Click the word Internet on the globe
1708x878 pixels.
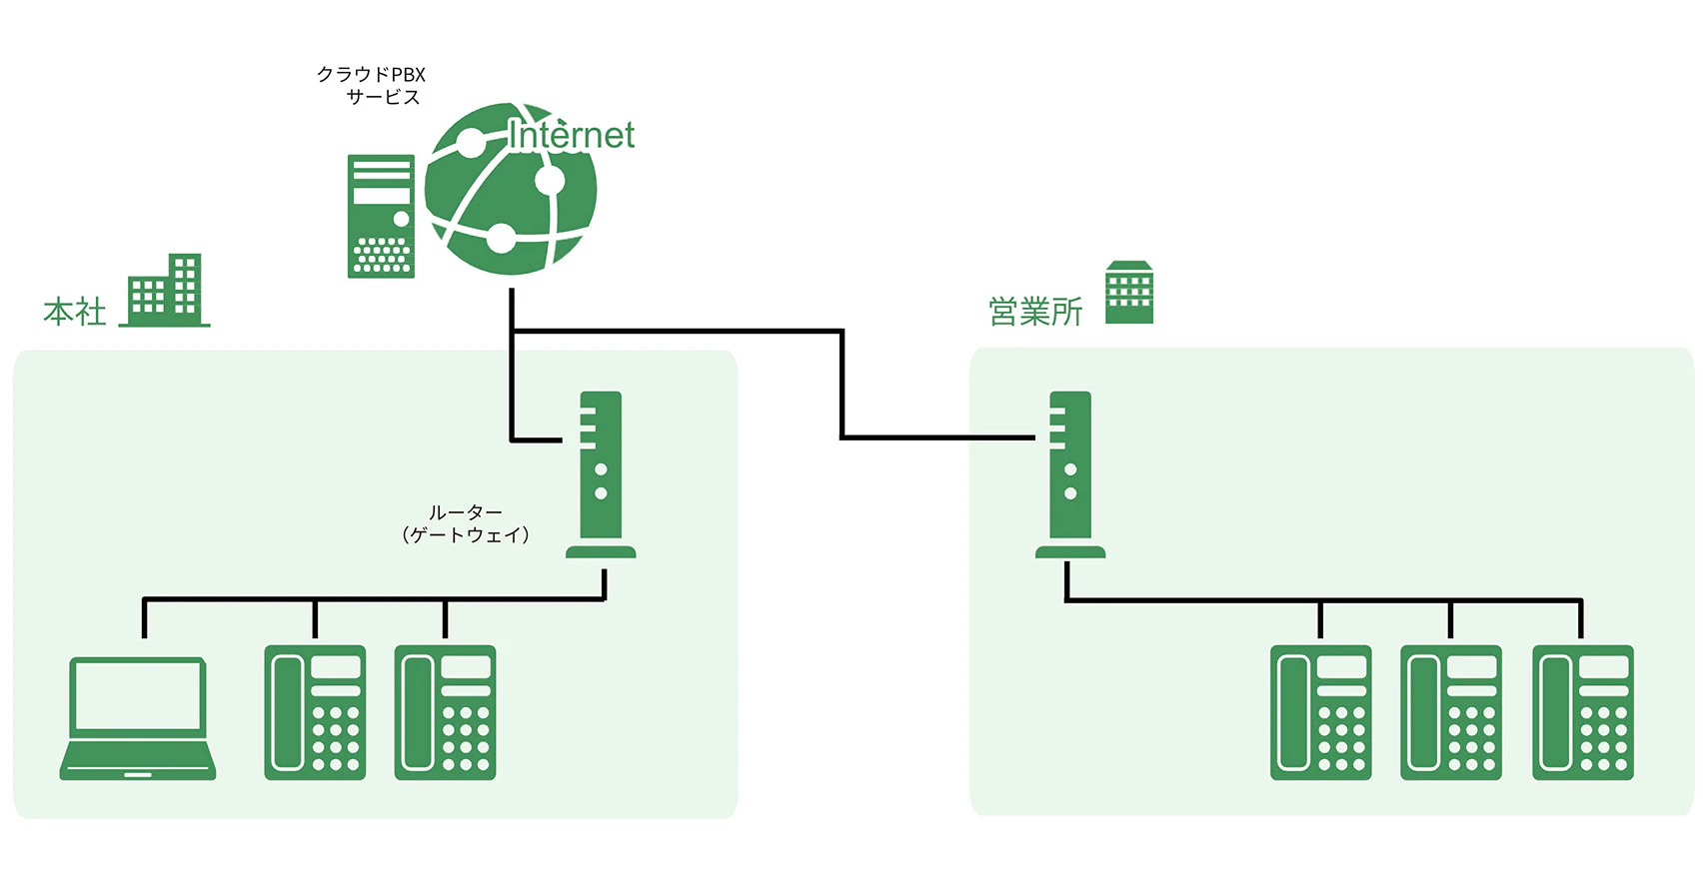(x=571, y=136)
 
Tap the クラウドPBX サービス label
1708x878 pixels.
(x=372, y=86)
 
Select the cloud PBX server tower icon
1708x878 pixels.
(x=381, y=216)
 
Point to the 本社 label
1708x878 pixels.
(x=75, y=312)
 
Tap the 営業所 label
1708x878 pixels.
(x=1035, y=312)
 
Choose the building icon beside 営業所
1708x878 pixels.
(x=1129, y=293)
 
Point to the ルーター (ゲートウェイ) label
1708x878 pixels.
(x=465, y=523)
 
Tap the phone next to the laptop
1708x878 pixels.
(x=315, y=712)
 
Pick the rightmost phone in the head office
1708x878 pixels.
(x=445, y=712)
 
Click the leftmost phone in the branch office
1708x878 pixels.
(x=1320, y=712)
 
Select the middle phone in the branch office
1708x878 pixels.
(x=1451, y=712)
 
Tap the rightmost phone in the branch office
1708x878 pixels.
(x=1582, y=712)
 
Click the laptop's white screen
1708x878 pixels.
(x=138, y=695)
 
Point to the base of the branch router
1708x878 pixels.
(x=1070, y=551)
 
